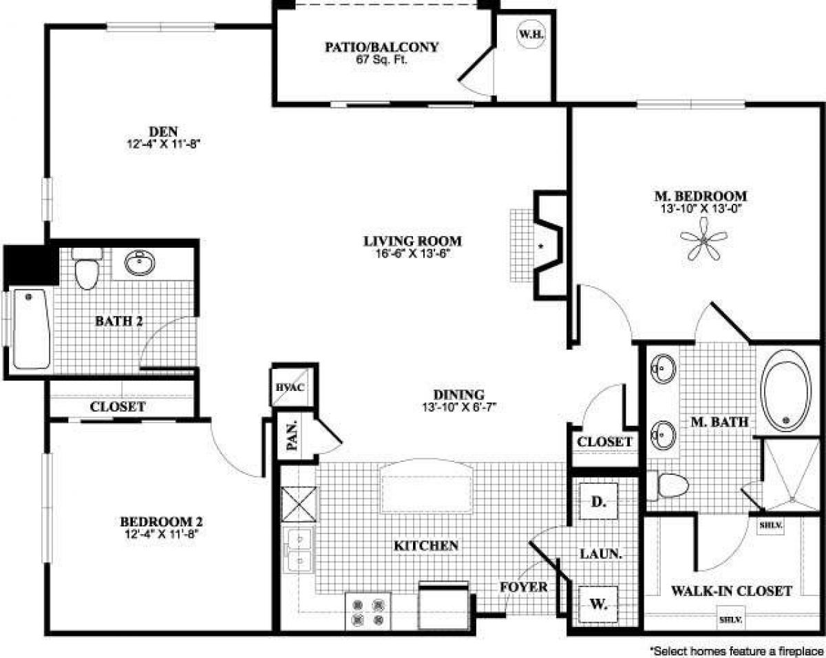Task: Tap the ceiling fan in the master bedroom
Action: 704,237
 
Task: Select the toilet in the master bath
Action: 671,487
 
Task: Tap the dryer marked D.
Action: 597,502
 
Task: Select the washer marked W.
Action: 597,605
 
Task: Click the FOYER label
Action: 524,587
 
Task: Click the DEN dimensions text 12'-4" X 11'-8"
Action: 163,144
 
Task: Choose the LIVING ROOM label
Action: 412,241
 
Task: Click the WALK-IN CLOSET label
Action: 731,590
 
